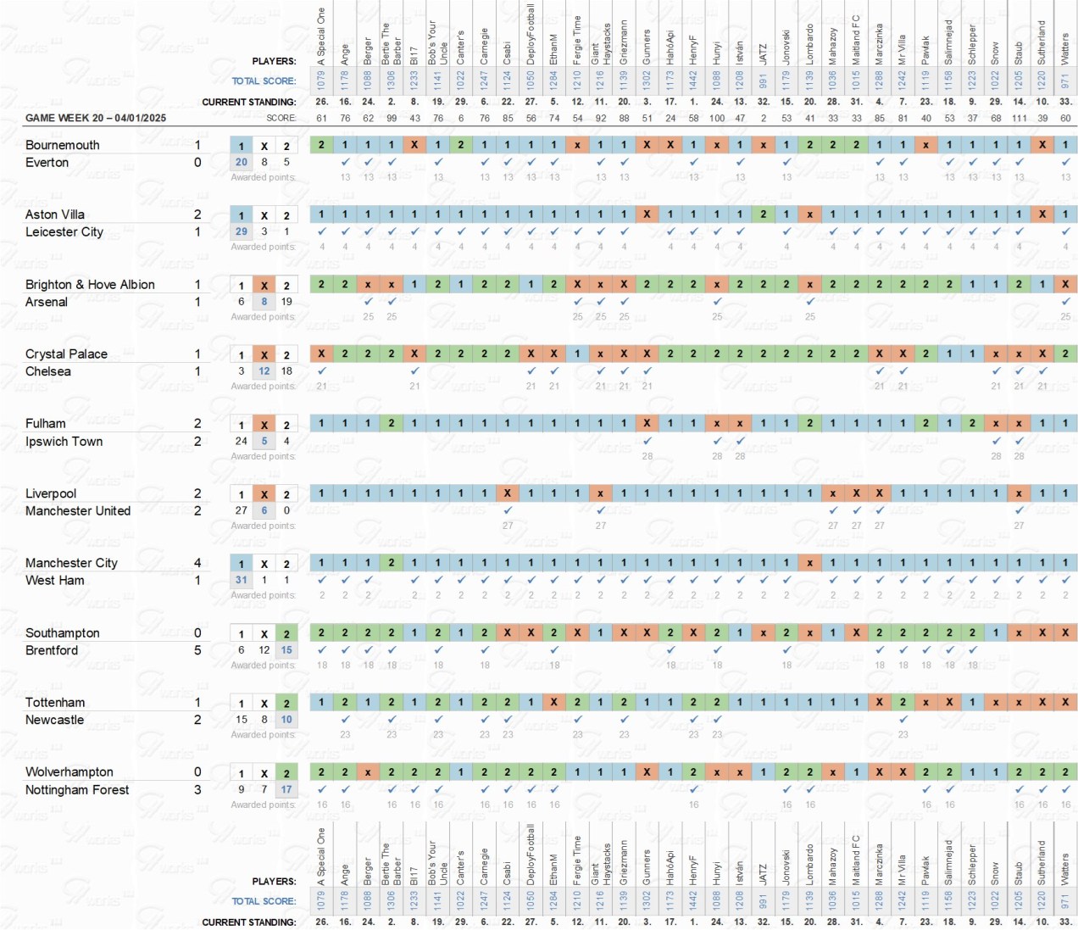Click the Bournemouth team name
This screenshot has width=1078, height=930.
(x=62, y=145)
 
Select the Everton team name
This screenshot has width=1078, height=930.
(x=47, y=163)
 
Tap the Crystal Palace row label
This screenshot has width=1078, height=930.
(x=66, y=354)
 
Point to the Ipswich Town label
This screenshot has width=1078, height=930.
(x=64, y=442)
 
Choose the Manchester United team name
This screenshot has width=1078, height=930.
(x=77, y=511)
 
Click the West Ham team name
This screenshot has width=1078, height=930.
(x=54, y=581)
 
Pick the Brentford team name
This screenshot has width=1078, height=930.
(x=51, y=650)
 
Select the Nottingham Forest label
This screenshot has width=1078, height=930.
(x=77, y=790)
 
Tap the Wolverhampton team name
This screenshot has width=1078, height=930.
(x=69, y=772)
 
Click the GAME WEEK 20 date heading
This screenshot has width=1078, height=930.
(x=95, y=118)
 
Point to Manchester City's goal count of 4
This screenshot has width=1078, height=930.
(x=197, y=563)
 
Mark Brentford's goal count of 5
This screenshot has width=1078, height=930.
(x=197, y=650)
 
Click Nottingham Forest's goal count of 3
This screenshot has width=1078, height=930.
(x=197, y=790)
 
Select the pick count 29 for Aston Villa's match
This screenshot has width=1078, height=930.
(x=242, y=231)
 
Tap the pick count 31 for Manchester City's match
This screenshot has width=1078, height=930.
(x=242, y=581)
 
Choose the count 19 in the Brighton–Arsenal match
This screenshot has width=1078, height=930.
(x=286, y=302)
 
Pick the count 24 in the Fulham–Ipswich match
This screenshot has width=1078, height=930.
(x=242, y=441)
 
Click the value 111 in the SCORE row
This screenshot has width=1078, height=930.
(x=1019, y=118)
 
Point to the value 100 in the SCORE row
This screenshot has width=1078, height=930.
(x=717, y=118)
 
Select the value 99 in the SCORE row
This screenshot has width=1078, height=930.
(x=392, y=118)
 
